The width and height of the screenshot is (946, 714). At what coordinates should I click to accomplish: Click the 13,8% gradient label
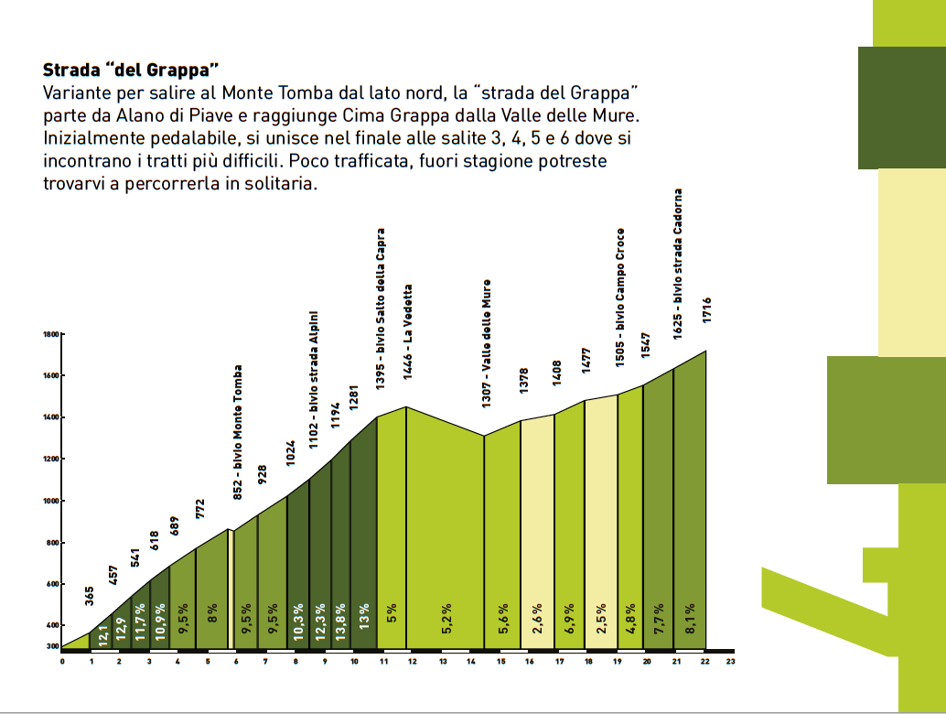[x=341, y=621]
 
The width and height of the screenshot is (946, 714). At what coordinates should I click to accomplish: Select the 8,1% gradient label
[x=689, y=621]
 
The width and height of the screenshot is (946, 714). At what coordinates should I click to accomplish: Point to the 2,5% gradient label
[x=601, y=621]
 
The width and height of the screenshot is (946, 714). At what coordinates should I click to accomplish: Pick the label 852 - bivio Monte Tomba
[x=238, y=432]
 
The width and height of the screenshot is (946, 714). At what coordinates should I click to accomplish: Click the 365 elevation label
[x=90, y=597]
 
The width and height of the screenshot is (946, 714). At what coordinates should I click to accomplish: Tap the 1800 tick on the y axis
[x=51, y=335]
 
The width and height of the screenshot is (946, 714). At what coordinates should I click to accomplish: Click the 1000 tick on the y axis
[x=51, y=502]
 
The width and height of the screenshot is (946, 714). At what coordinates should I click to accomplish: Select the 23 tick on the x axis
[x=730, y=660]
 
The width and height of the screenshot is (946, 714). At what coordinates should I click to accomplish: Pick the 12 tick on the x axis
[x=413, y=660]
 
